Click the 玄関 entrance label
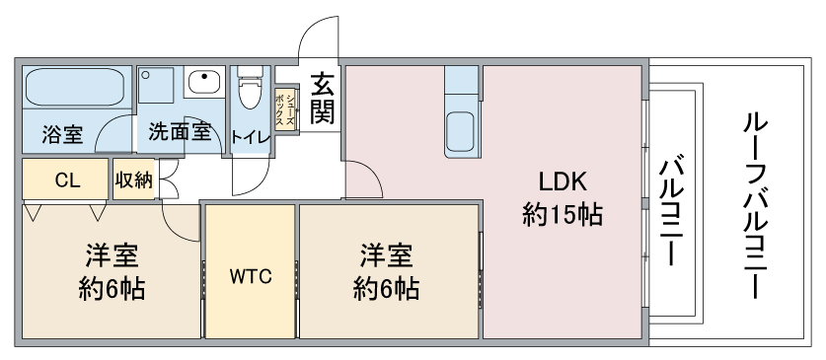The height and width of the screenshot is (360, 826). click(x=322, y=99)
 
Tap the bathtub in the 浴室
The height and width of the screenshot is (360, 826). click(x=75, y=87)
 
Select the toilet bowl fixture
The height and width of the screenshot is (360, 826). click(x=249, y=88)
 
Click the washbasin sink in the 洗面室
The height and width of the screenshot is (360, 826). click(x=204, y=82)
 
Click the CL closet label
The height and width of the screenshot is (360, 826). click(x=67, y=180)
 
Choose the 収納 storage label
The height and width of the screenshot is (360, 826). click(x=134, y=180)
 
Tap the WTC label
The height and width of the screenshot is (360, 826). click(x=251, y=276)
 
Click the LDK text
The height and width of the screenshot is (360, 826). click(x=563, y=182)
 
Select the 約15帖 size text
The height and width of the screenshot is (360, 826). click(x=563, y=214)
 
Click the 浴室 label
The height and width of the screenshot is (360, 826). click(x=62, y=135)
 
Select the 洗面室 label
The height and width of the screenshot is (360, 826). click(x=180, y=131)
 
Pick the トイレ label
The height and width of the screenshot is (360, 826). click(x=251, y=137)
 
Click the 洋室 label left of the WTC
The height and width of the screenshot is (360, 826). click(x=112, y=256)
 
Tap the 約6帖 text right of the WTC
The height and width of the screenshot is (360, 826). click(x=386, y=289)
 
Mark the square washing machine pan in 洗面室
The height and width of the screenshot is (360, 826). click(x=157, y=85)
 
